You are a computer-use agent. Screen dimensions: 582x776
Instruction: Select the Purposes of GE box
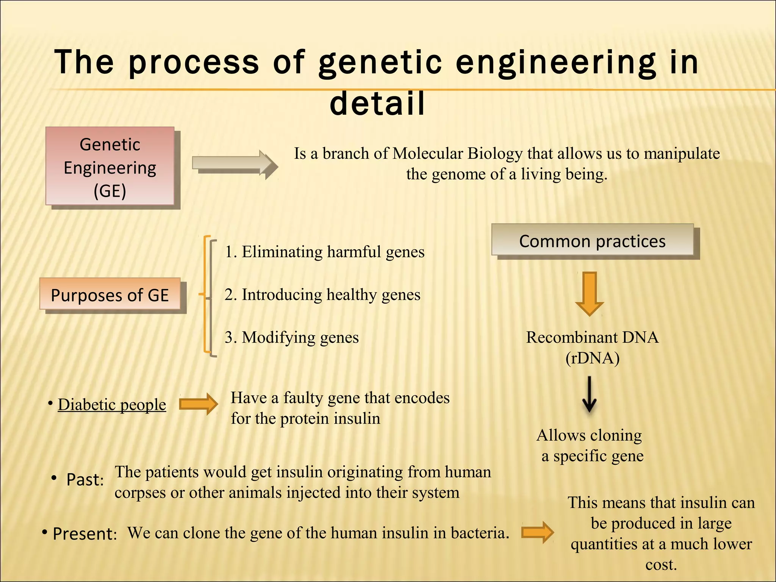pos(110,294)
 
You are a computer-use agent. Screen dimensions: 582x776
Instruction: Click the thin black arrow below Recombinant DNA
pos(589,394)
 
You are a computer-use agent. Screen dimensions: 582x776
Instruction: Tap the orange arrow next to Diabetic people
pos(198,404)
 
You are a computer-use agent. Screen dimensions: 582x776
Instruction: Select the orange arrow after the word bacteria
pos(537,532)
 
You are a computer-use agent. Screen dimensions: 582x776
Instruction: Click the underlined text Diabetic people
pos(112,405)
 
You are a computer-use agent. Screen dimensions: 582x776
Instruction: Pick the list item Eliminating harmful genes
pos(325,252)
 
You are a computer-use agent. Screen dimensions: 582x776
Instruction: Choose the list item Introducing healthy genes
pos(322,295)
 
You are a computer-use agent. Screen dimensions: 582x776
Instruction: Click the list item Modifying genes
pos(292,337)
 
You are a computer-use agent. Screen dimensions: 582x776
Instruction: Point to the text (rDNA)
pos(592,358)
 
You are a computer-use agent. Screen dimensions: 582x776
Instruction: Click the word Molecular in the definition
pos(428,153)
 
